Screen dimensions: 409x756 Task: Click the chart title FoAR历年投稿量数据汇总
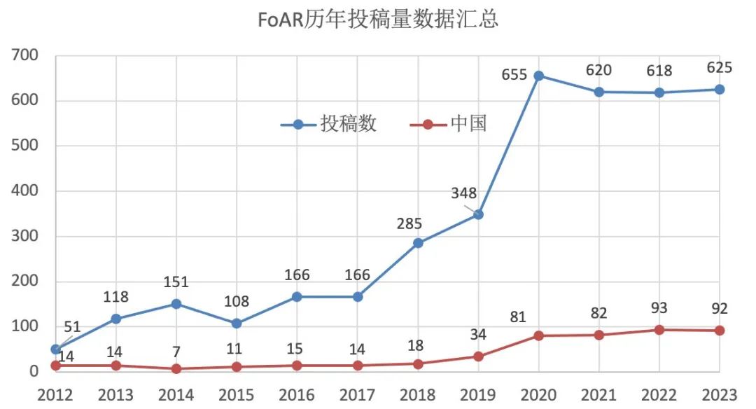point(378,20)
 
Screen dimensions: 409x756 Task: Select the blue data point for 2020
point(539,76)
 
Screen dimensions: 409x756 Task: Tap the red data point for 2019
point(479,356)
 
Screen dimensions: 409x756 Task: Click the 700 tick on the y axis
point(26,55)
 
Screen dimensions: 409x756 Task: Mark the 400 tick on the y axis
point(26,191)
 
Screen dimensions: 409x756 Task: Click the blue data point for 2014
point(176,304)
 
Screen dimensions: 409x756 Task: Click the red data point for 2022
point(659,330)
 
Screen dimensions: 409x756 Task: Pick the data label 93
point(659,308)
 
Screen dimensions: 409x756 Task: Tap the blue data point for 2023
point(720,90)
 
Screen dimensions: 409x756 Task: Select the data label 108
point(237,302)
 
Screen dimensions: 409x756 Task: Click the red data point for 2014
point(176,369)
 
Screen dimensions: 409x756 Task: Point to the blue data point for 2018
point(418,243)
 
